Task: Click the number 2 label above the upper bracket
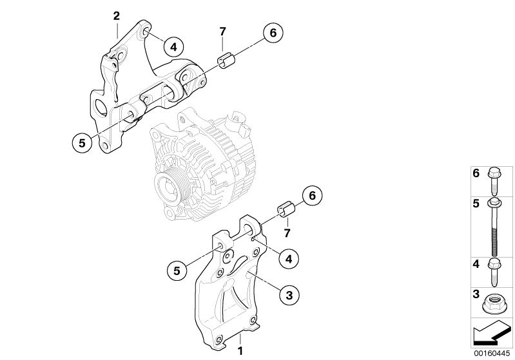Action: point(116,15)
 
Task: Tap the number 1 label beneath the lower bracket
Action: point(240,352)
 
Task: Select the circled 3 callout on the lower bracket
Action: point(289,295)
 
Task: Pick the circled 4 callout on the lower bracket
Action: point(289,259)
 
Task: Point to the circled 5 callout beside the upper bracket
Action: point(82,143)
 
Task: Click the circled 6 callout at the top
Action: point(273,32)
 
